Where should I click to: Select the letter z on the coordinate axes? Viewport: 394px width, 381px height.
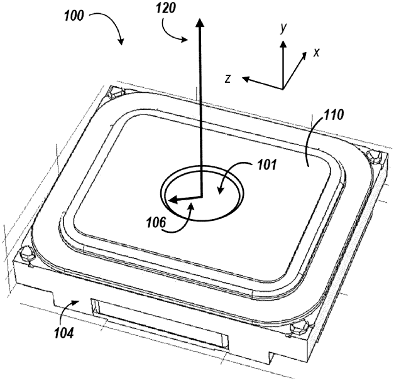pyautogui.click(x=229, y=78)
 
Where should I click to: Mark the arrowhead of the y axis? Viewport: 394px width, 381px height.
pyautogui.click(x=283, y=45)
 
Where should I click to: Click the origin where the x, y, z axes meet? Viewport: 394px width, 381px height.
pyautogui.click(x=283, y=87)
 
